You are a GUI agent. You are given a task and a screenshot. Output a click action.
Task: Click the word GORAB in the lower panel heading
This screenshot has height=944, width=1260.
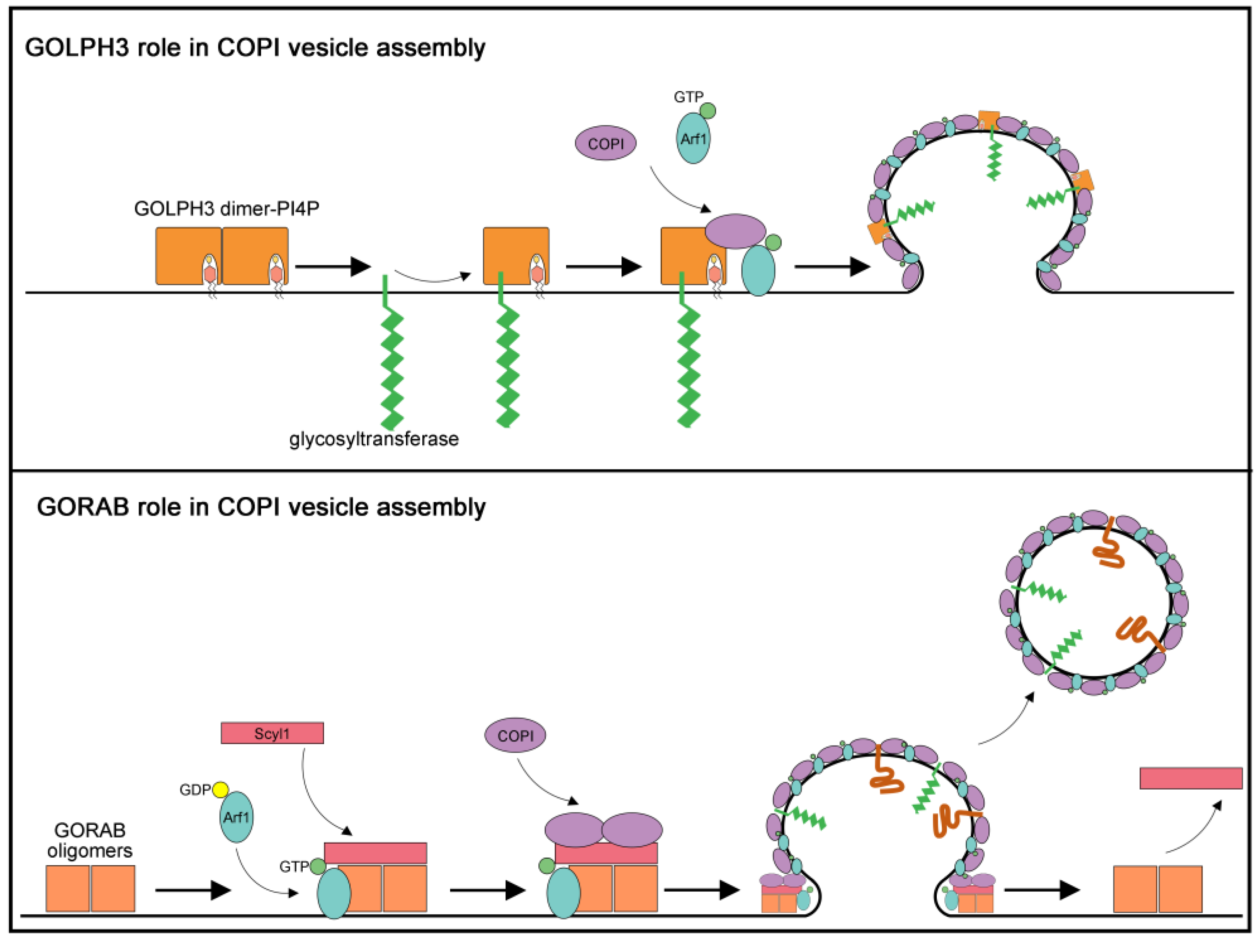(83, 507)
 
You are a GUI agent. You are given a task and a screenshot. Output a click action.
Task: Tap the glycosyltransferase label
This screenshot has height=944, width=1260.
(374, 439)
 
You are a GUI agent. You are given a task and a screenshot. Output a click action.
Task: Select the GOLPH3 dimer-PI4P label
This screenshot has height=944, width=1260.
(226, 209)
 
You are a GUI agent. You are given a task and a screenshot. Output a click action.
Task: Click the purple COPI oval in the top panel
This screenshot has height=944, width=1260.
(605, 143)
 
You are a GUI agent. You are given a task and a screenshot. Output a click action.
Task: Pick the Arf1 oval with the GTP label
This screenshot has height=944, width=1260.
(693, 138)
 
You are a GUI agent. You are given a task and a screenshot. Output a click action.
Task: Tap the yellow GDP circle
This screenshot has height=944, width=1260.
(220, 790)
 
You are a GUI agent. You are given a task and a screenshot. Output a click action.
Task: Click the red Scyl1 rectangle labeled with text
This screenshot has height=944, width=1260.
(272, 733)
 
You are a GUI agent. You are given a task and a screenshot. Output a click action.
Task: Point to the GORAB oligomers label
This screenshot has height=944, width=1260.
(89, 840)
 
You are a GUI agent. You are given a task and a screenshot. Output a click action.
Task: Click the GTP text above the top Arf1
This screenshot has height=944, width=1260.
(688, 97)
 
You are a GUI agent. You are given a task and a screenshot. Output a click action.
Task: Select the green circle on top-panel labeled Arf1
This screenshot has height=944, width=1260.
(707, 110)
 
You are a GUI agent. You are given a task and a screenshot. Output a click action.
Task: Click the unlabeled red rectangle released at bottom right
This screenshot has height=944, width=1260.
(1190, 778)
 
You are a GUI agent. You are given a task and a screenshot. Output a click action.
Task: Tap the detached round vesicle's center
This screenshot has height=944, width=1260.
(1094, 602)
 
